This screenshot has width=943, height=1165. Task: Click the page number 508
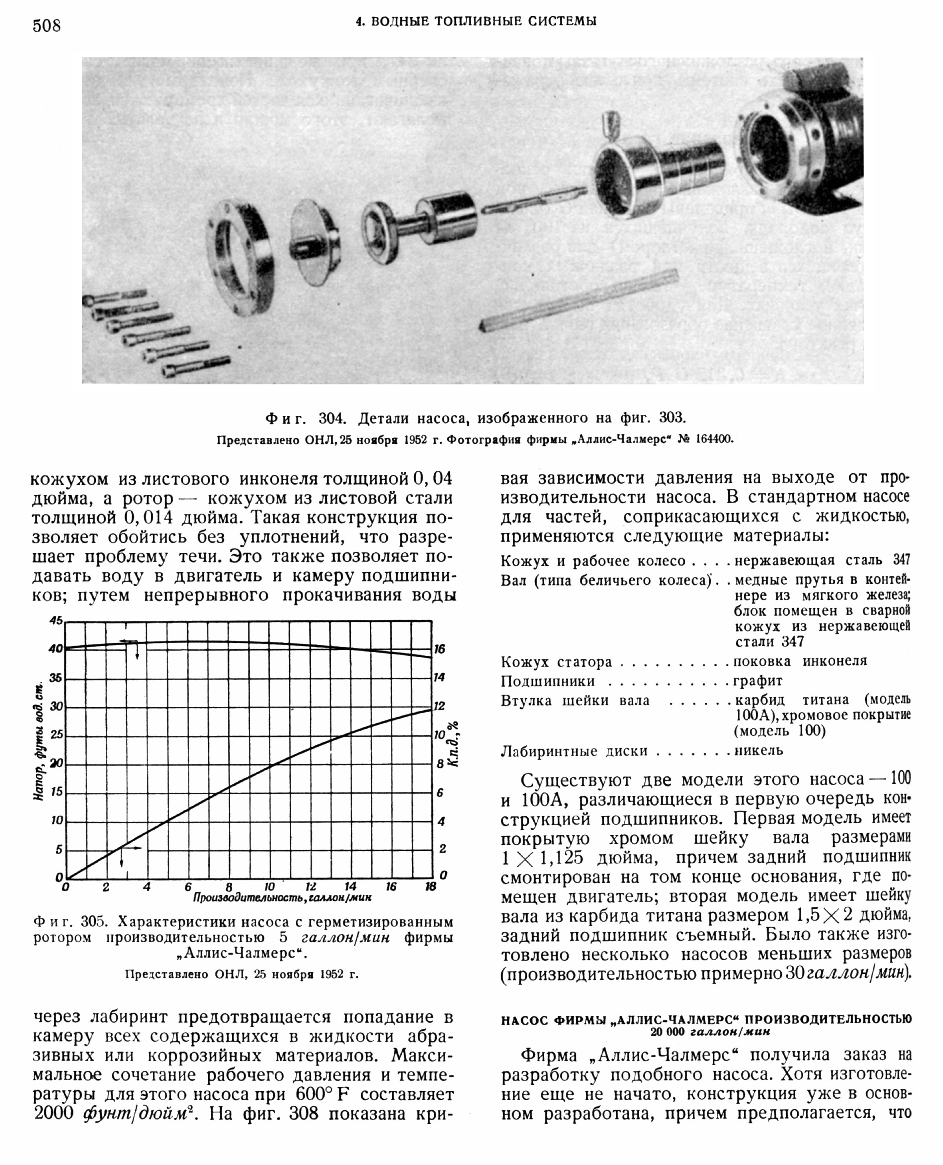coord(47,26)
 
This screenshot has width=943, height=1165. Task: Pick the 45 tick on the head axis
coord(56,620)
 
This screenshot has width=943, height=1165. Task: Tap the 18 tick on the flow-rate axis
coord(431,887)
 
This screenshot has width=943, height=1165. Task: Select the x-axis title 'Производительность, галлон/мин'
coord(282,898)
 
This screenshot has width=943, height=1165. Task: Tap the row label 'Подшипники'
coord(548,681)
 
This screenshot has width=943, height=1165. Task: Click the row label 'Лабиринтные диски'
coord(574,751)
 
